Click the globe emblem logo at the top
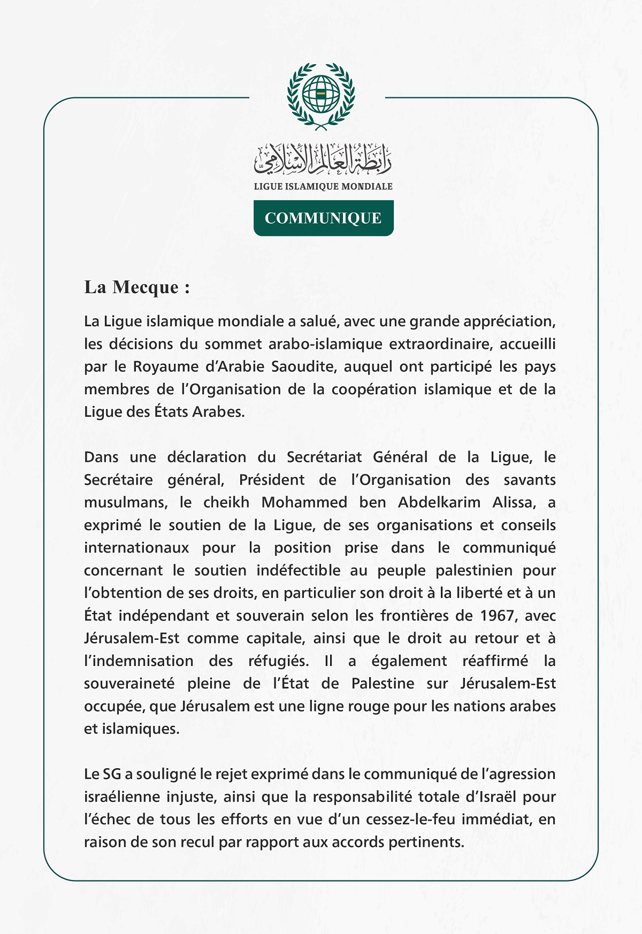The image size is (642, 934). pos(321,95)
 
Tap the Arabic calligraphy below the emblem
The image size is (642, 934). pos(323,159)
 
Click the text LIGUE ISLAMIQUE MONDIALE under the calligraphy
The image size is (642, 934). pos(323,186)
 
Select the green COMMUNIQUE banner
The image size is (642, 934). pos(323,218)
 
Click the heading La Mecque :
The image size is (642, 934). pos(137,287)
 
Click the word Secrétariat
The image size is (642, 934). pos(325,457)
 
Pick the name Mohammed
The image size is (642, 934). pos(304,503)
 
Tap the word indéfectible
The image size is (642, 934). pos(298,571)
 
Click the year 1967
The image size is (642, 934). pos(497,616)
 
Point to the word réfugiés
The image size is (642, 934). pos(278,661)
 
